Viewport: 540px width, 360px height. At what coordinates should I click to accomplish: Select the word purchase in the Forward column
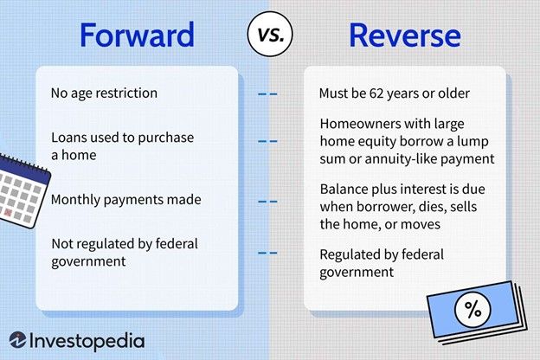pos(165,138)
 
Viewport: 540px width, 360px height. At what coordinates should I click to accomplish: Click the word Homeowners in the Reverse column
pos(359,125)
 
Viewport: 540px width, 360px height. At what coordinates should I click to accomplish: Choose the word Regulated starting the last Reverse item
pos(351,254)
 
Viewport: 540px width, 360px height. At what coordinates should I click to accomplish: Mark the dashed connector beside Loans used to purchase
pos(269,139)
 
